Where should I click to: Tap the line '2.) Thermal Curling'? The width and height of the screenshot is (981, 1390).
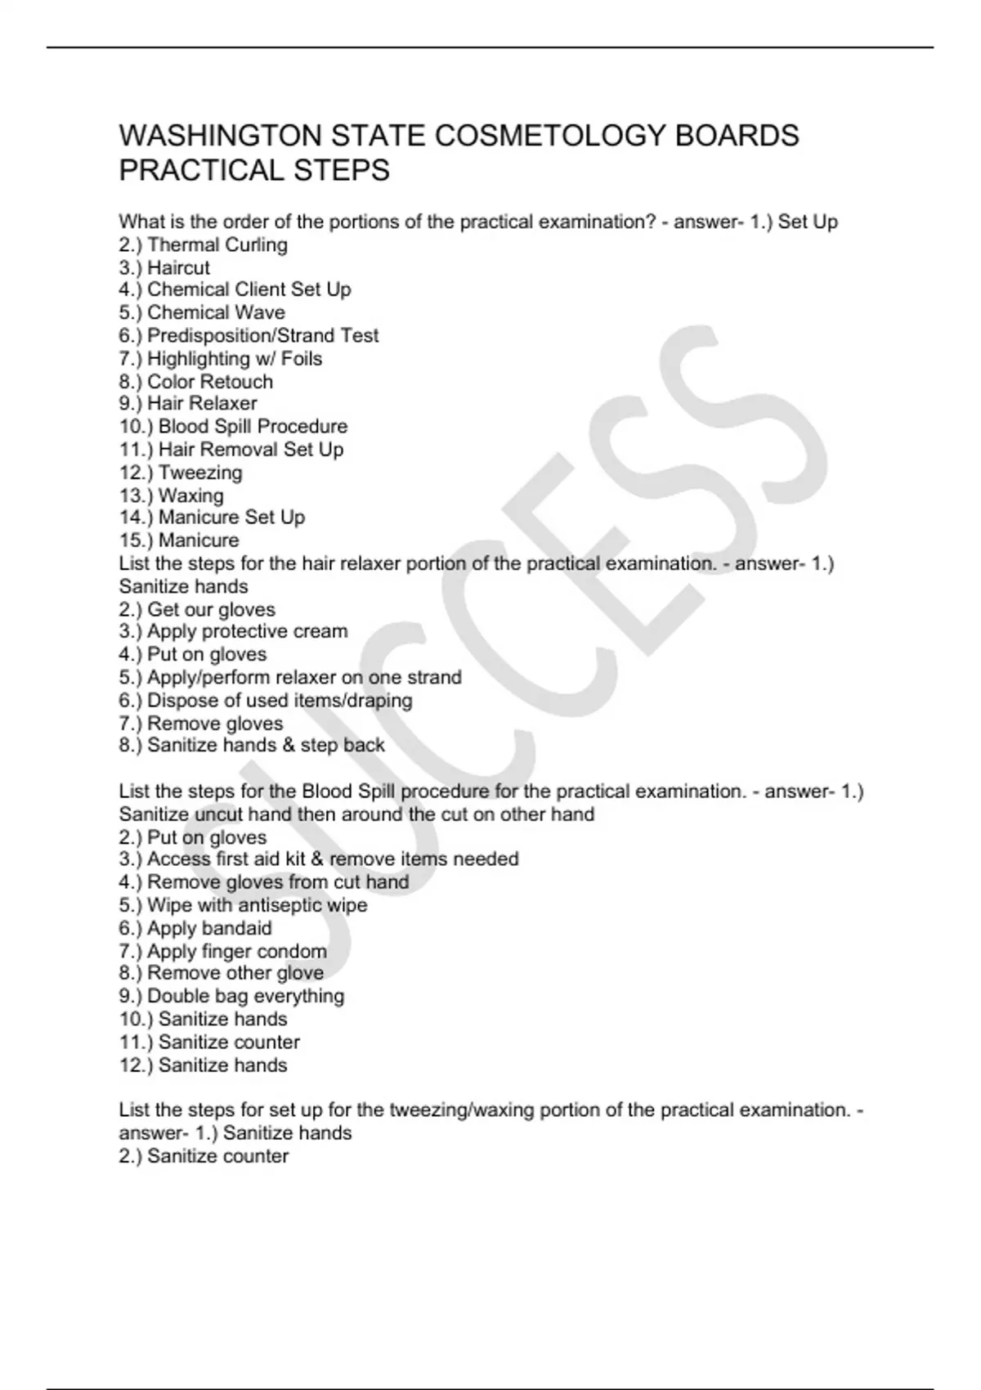coord(203,244)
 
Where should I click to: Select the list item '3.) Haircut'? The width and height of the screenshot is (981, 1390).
coord(164,267)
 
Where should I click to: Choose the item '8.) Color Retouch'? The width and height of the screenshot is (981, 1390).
coord(196,381)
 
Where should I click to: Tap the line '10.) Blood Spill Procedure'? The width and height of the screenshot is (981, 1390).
coord(233,426)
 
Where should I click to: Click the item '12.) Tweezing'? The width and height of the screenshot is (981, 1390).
coord(181,472)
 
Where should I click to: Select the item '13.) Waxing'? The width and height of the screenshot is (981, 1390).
coord(171,495)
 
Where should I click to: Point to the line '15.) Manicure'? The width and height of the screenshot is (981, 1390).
coord(179,540)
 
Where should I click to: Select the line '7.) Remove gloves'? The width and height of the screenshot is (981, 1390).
coord(201,723)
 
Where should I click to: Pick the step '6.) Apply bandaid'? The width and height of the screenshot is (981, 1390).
coord(195,928)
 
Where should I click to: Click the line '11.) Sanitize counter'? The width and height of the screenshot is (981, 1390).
coord(209,1042)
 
